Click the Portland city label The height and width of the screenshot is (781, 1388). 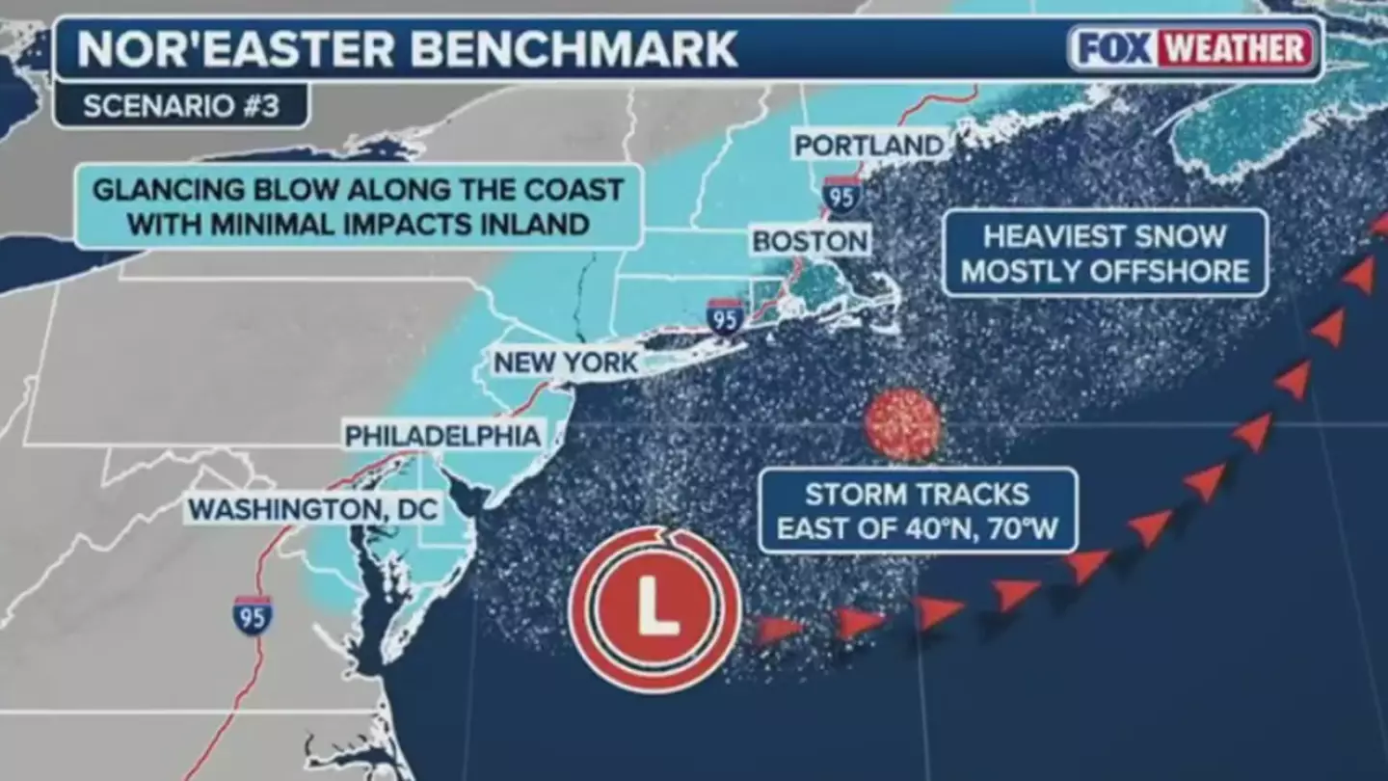coord(868,146)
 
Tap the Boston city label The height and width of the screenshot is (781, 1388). coord(811,240)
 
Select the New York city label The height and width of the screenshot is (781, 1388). coord(566,363)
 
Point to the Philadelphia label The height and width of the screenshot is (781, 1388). coord(442,436)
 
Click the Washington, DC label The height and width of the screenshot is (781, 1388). coord(312,508)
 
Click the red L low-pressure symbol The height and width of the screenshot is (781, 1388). coord(654,608)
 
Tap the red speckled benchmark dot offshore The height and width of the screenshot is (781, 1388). coord(902,424)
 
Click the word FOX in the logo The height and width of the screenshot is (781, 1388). coord(1112,48)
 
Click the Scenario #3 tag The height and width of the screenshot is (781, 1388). coord(180,106)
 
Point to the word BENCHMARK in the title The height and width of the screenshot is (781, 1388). coord(575,49)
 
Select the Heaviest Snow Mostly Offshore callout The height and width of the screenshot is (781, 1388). coord(1105,253)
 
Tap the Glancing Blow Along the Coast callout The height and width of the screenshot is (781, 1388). coord(358,205)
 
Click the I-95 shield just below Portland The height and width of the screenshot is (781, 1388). coord(841,195)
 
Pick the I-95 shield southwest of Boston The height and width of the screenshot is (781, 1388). coord(725,316)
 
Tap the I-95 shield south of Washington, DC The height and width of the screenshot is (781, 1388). coord(252,615)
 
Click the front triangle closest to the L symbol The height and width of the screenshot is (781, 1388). coord(779,629)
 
